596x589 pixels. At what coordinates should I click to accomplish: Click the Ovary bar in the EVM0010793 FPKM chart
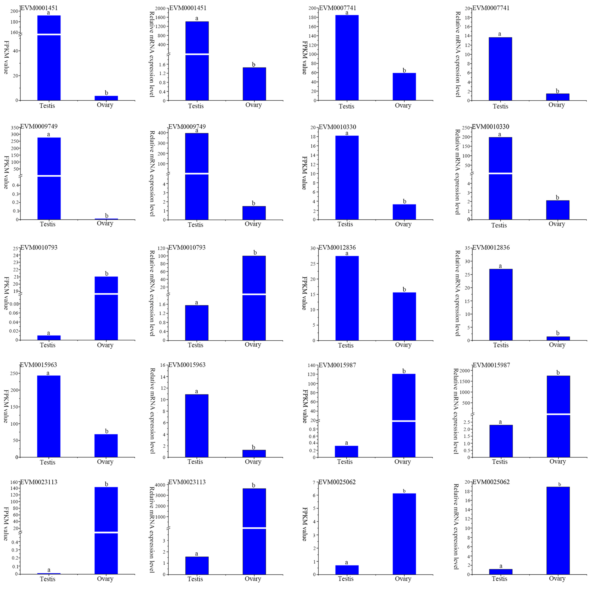click(x=106, y=308)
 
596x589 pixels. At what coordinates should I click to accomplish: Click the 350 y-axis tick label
click(x=14, y=128)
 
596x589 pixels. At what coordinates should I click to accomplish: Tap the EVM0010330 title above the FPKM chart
click(x=337, y=127)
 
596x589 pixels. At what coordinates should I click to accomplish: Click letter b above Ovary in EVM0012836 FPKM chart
click(x=404, y=289)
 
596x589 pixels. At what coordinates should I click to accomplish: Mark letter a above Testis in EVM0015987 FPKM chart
click(x=346, y=443)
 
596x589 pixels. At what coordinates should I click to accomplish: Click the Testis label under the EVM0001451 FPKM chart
click(x=47, y=106)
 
